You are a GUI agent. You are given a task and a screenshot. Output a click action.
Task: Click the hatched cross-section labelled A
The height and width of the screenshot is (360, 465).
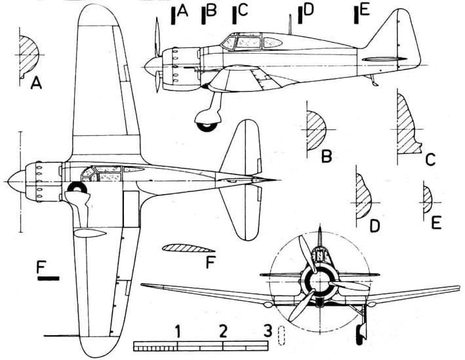[x=28, y=56]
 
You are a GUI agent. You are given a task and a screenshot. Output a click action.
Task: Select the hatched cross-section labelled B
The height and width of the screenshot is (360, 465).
[x=315, y=130]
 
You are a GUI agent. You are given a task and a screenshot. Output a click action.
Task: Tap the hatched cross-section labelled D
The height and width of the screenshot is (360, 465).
[x=363, y=196]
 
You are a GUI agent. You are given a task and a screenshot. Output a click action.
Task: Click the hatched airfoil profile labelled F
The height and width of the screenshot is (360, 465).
[x=188, y=249]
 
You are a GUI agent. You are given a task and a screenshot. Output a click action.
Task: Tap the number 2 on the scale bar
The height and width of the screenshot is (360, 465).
[x=222, y=331]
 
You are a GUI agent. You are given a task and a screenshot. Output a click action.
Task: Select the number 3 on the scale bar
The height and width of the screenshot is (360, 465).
[x=268, y=330]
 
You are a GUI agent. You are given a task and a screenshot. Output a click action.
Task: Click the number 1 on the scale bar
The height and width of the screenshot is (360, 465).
[x=178, y=331]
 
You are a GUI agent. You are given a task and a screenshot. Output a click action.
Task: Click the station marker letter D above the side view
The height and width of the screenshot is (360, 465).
[x=308, y=10]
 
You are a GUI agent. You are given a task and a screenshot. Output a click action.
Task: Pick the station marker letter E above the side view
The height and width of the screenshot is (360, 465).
[x=365, y=10]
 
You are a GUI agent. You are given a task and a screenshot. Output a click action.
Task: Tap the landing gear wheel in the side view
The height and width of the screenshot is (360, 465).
[x=207, y=127]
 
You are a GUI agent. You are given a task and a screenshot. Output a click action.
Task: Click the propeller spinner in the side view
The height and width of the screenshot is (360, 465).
[x=153, y=66]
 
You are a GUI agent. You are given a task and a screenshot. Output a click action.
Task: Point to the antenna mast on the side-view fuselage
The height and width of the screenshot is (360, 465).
[x=290, y=24]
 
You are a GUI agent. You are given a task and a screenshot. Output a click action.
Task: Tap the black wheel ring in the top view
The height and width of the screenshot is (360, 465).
[x=77, y=188]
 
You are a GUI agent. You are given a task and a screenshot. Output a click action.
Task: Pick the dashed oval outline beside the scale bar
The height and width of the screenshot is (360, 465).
[x=281, y=335]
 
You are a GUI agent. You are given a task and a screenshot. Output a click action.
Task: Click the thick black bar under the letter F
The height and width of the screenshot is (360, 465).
[x=49, y=278]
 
